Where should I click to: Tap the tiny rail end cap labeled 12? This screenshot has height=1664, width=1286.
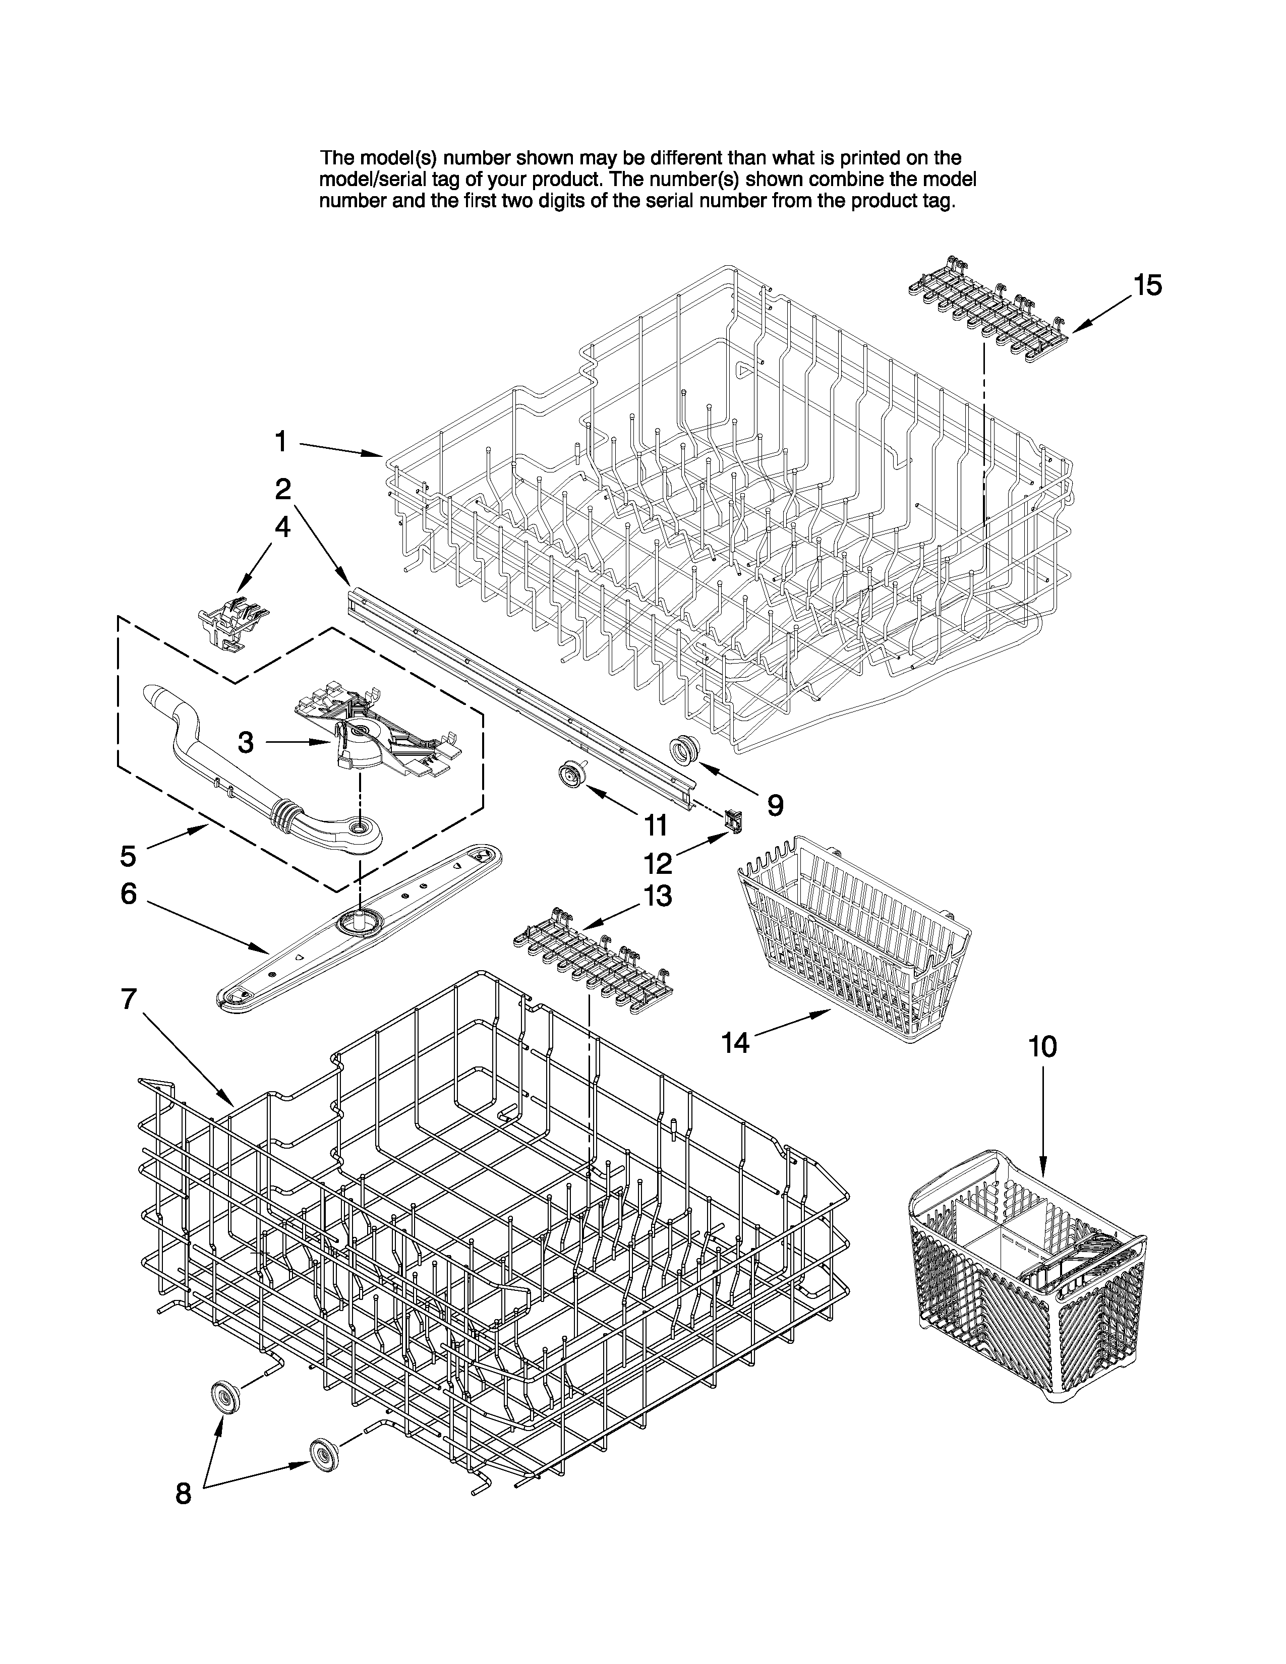(733, 820)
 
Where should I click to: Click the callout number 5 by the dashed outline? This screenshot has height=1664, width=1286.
(128, 856)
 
